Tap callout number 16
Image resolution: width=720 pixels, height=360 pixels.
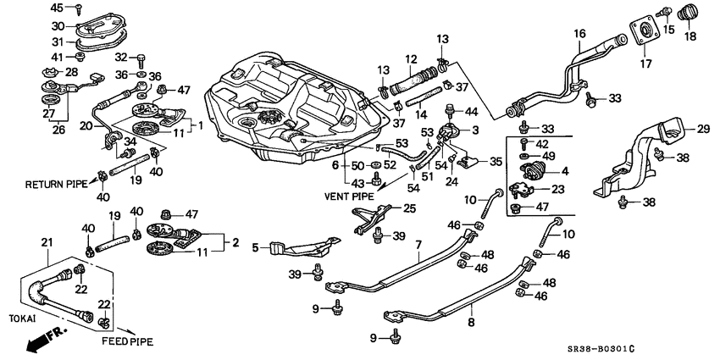pos(579,34)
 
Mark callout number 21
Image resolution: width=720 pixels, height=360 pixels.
pos(46,242)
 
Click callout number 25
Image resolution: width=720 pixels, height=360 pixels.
pos(410,208)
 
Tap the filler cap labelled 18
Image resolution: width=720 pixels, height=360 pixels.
pos(686,16)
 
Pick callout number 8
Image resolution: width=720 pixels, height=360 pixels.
pos(471,323)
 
